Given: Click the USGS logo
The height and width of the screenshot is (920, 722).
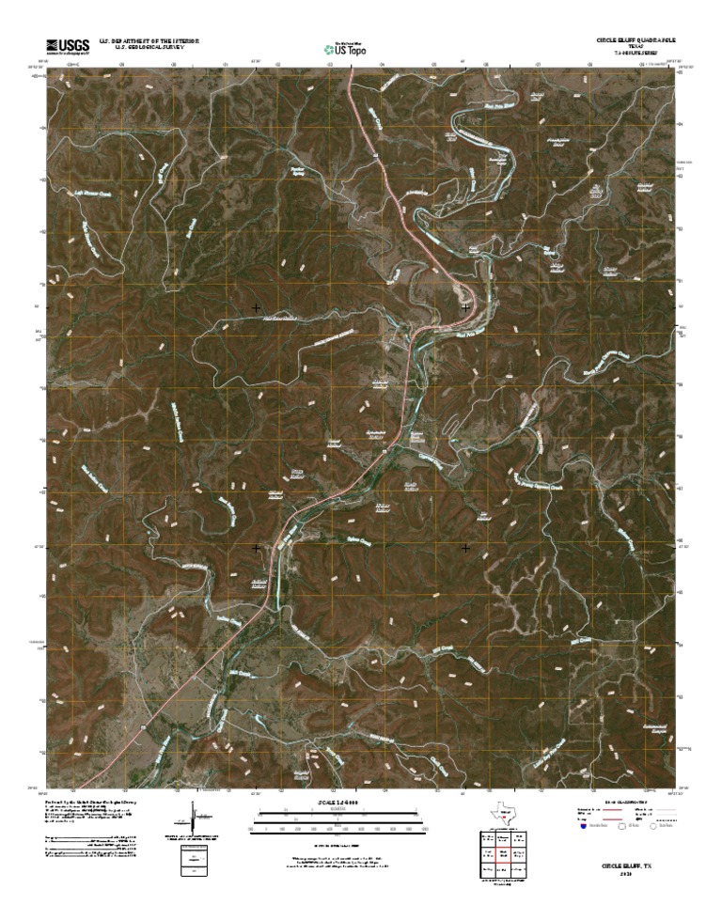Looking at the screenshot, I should (66, 45).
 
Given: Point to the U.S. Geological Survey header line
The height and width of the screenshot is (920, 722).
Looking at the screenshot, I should (146, 46).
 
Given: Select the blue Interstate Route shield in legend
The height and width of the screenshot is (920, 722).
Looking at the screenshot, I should (582, 828).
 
